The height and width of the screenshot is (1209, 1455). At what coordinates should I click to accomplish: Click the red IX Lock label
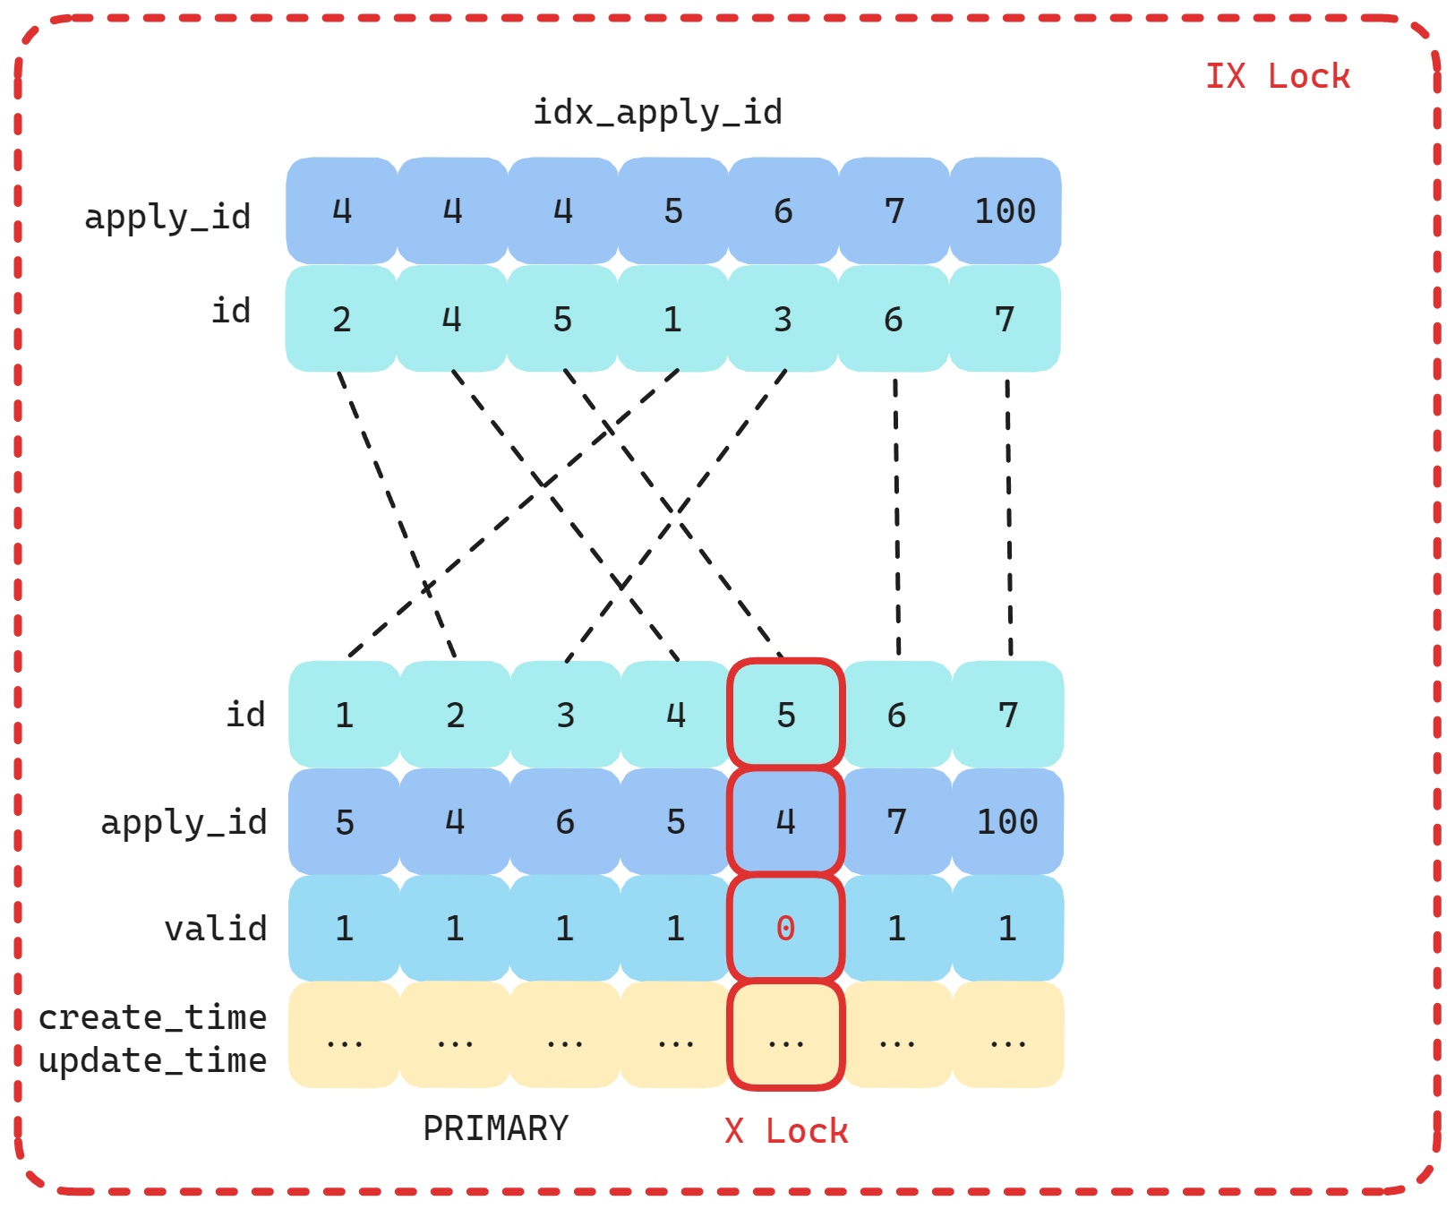[1277, 76]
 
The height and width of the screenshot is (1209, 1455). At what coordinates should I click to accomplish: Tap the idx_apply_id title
[657, 113]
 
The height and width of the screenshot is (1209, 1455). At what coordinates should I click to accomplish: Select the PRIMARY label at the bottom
[495, 1128]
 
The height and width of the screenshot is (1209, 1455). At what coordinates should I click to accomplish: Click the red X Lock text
[786, 1131]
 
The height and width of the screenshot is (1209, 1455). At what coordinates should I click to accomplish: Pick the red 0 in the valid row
[785, 929]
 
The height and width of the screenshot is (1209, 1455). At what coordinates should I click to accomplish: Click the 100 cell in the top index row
[1005, 211]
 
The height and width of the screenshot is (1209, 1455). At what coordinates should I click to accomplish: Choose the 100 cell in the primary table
[1007, 822]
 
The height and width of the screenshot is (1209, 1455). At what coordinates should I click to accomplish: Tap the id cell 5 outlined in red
[785, 716]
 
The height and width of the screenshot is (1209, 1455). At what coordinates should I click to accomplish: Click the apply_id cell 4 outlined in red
[785, 822]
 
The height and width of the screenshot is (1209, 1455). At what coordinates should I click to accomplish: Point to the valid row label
[216, 929]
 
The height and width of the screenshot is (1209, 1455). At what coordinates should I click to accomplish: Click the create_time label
[152, 1017]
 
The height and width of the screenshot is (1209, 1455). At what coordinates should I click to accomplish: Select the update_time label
[152, 1060]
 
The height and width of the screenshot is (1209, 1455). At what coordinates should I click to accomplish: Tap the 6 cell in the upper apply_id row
[783, 211]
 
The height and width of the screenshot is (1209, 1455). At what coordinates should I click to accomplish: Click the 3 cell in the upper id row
[783, 320]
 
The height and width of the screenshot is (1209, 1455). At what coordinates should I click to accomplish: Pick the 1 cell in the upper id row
[672, 320]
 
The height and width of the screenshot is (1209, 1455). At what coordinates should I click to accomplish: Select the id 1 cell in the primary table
[344, 716]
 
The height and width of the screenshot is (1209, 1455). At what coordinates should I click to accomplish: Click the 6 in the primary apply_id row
[565, 822]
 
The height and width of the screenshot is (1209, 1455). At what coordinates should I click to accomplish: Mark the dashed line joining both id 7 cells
[1009, 519]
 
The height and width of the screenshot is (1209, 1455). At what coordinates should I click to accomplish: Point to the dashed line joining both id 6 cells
[897, 519]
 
